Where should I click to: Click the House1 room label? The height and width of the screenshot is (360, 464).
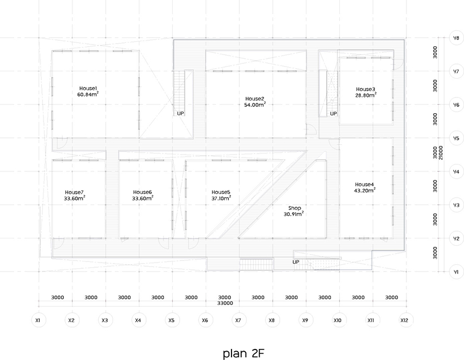[x=88, y=88]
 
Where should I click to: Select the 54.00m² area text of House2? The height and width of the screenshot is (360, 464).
[x=255, y=104]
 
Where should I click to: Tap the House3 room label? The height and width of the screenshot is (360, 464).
[x=366, y=89]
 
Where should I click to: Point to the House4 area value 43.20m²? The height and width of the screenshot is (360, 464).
[x=365, y=190]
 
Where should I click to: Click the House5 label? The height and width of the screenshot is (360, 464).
[x=221, y=192]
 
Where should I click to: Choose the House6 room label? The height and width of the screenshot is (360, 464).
[x=142, y=192]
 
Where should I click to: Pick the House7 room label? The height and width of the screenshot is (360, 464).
[x=74, y=192]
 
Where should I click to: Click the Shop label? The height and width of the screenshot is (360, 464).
[x=294, y=208]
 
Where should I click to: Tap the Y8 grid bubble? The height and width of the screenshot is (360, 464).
[x=456, y=38]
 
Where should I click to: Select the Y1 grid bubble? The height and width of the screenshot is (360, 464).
[x=456, y=272]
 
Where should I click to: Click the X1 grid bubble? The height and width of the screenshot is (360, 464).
[x=38, y=320]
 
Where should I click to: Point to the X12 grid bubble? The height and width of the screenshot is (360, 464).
[x=404, y=320]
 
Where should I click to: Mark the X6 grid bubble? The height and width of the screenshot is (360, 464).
[x=205, y=320]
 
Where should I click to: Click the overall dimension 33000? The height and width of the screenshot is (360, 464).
[x=225, y=303]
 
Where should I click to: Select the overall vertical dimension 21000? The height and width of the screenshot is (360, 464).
[x=441, y=153]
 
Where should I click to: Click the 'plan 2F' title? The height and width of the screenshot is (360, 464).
[x=243, y=353]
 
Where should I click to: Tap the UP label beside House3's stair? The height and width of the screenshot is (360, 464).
[x=334, y=113]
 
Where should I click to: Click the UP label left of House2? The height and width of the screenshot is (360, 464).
[x=181, y=113]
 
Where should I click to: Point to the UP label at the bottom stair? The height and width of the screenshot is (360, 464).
[x=296, y=262]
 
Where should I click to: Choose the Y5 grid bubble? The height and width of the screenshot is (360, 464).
[x=456, y=138]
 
